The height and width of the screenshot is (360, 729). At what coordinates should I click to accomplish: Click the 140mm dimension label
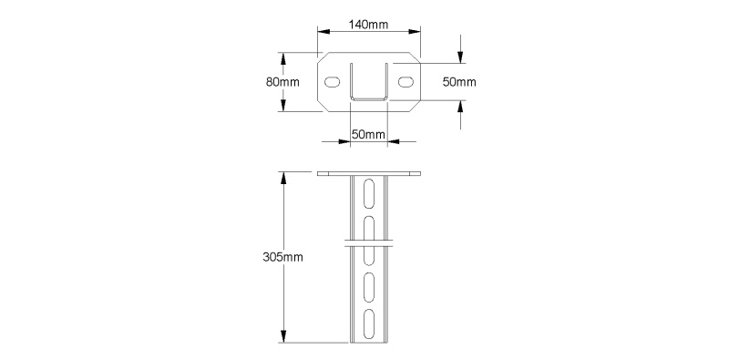(x=369, y=25)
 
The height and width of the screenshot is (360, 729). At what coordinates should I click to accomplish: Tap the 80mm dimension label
(x=282, y=82)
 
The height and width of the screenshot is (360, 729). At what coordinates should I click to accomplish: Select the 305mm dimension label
(x=282, y=257)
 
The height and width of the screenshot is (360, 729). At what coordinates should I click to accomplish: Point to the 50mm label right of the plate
(x=459, y=82)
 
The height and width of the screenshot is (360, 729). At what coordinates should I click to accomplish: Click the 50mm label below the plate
(x=369, y=135)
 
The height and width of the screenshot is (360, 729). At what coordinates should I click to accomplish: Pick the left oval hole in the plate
(x=332, y=82)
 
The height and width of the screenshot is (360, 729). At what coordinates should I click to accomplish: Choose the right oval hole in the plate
(x=406, y=82)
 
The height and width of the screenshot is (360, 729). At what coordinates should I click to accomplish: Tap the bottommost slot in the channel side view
(x=369, y=323)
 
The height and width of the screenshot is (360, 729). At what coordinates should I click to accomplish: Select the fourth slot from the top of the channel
(x=369, y=287)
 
